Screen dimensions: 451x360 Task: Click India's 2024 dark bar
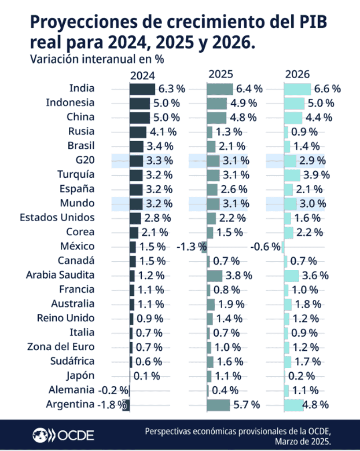[x=142, y=89]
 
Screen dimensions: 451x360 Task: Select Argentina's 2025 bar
[x=218, y=405]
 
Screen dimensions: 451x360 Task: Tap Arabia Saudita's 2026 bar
[x=292, y=275]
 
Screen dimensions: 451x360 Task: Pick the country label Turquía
[x=76, y=174]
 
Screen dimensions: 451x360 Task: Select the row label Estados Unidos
[x=57, y=218]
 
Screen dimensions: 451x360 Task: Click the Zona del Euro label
[x=61, y=347]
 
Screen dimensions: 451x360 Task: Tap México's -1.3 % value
[x=188, y=247]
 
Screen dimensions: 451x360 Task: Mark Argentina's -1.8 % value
[x=111, y=405]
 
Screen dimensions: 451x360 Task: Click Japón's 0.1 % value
[x=147, y=376]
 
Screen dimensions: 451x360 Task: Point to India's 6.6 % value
[x=327, y=89]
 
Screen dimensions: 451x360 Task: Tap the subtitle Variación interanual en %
[x=97, y=58]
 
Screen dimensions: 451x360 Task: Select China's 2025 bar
[x=216, y=117]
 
